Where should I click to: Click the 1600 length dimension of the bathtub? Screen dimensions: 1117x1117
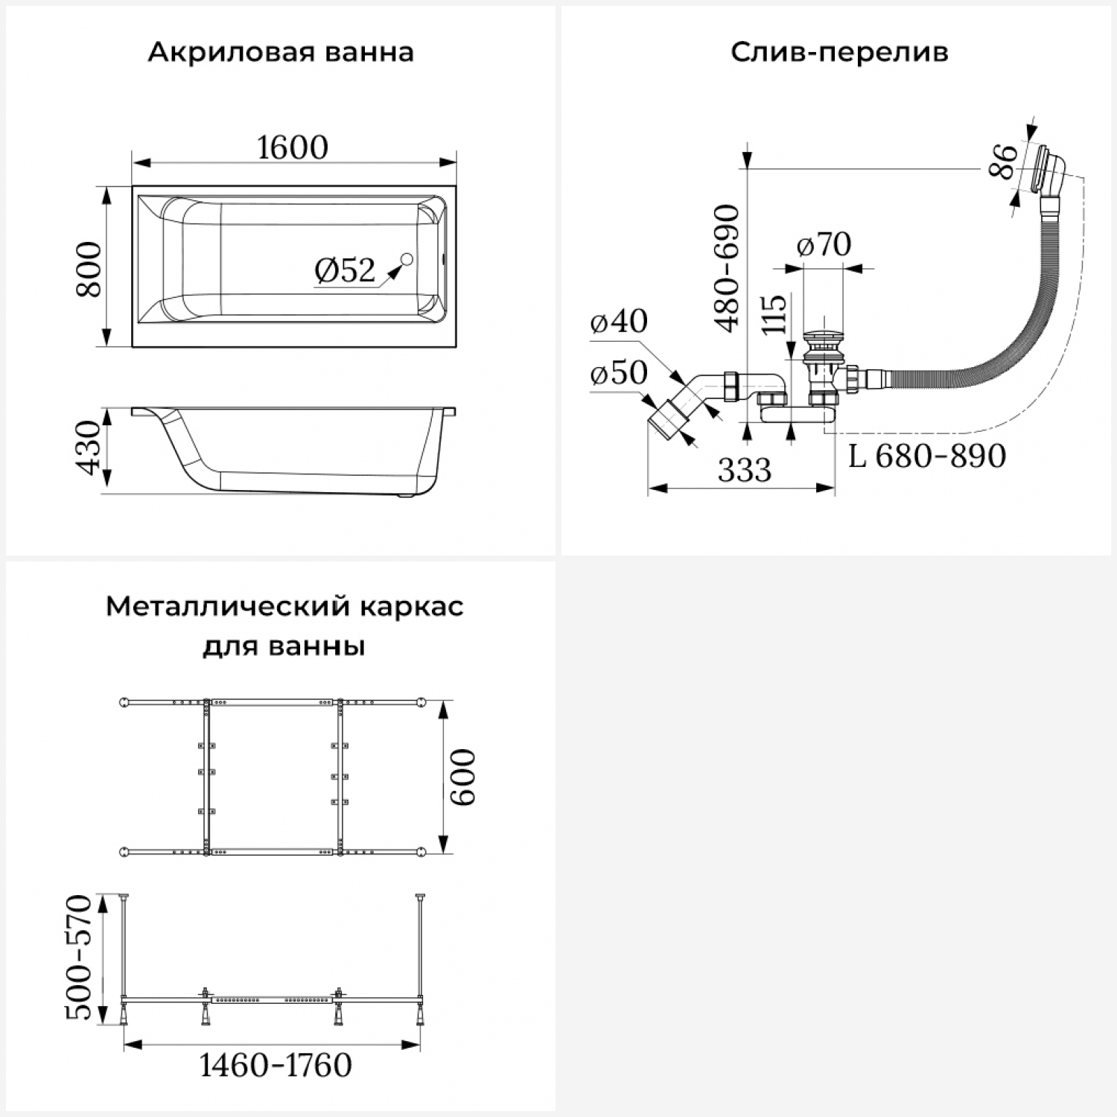[x=293, y=147]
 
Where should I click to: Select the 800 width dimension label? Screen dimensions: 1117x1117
[x=90, y=269]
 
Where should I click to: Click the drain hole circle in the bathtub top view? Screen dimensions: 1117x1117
[x=407, y=259]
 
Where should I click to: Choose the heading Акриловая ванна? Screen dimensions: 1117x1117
[x=281, y=53]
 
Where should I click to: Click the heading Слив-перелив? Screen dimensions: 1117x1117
[x=839, y=53]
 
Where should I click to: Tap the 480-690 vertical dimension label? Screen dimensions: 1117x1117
[x=728, y=268]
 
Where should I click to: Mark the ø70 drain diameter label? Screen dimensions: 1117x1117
[x=824, y=244]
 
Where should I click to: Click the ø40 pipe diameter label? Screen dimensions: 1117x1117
[x=619, y=321]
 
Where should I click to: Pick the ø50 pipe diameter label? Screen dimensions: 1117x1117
[x=619, y=372]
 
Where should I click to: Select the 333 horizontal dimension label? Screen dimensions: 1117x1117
[x=745, y=470]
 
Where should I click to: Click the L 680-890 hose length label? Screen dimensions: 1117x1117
[x=927, y=456]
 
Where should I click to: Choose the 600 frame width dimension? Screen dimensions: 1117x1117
[x=462, y=777]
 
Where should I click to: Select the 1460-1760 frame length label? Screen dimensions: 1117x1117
[x=276, y=1066]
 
